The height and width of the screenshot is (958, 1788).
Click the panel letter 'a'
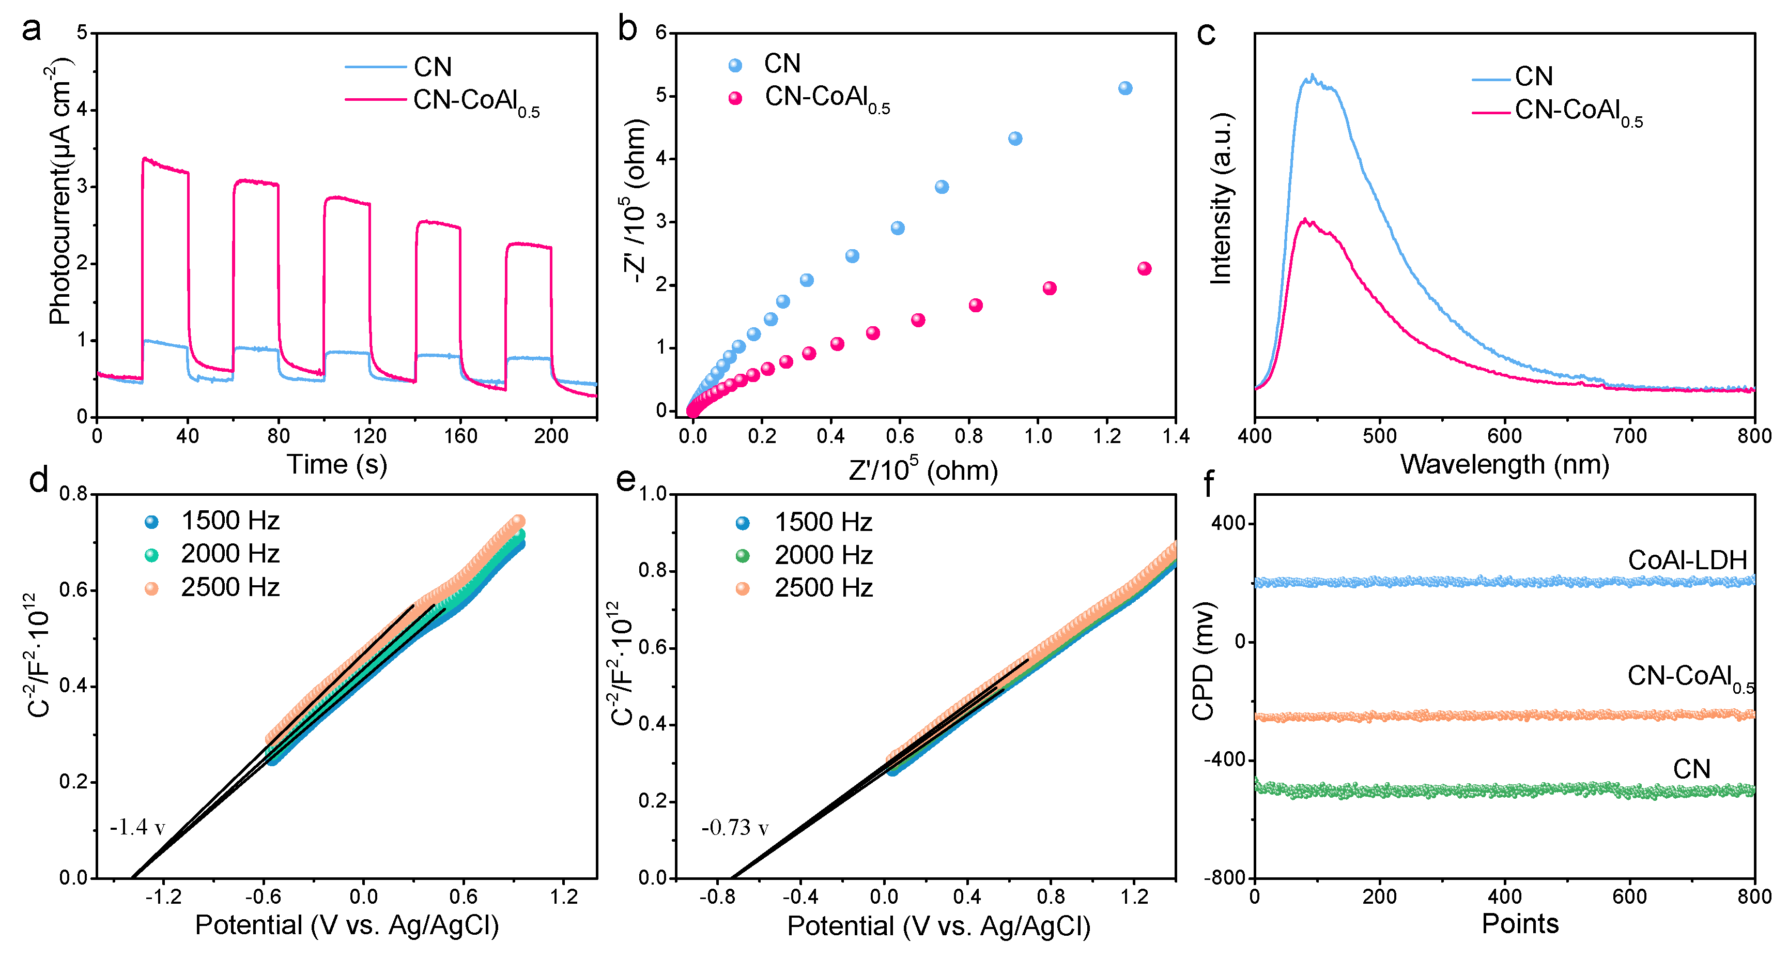(x=31, y=31)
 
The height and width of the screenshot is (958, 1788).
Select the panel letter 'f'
(x=1208, y=484)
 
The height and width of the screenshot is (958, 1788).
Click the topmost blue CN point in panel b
(x=1125, y=88)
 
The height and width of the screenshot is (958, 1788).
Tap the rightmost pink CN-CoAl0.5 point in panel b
(x=1145, y=269)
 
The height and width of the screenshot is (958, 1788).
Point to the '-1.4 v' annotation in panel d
(x=137, y=828)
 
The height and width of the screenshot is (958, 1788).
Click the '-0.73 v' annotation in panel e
(x=734, y=828)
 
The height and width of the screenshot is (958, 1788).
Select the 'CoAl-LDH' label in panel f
(x=1687, y=560)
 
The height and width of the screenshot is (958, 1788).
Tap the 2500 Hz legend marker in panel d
(x=151, y=589)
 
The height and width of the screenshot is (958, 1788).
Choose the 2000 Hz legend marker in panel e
(x=743, y=555)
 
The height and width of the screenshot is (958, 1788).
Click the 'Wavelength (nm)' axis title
(x=1504, y=464)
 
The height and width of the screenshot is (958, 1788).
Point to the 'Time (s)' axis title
(x=336, y=464)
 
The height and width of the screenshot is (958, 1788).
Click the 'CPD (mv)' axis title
(x=1203, y=661)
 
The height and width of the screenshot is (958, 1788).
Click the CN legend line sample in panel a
(x=376, y=67)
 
